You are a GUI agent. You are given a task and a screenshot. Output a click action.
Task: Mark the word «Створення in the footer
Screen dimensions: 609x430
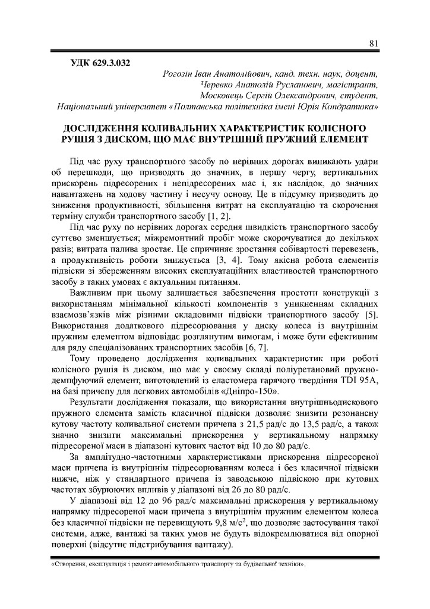[x=68, y=563]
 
